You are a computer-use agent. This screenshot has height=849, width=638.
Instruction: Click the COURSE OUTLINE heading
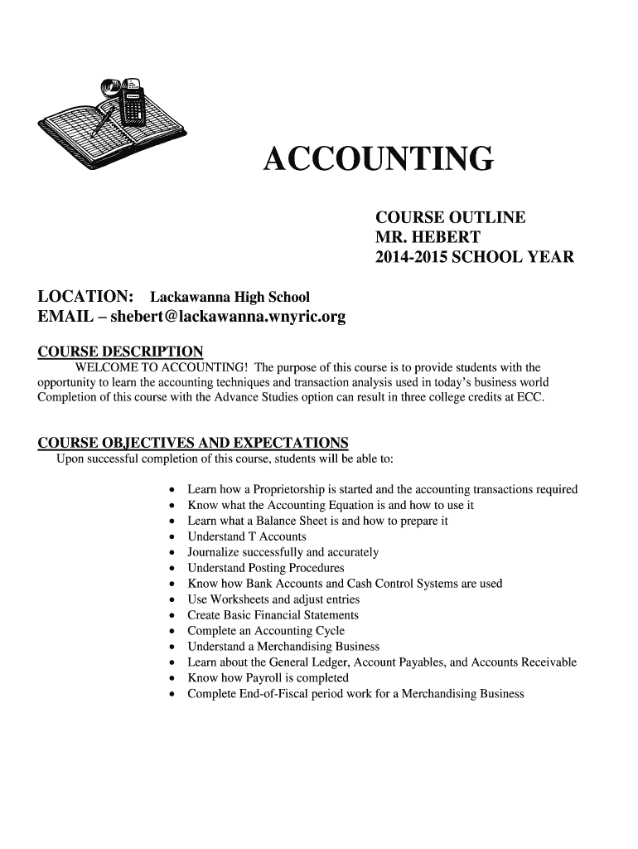450,218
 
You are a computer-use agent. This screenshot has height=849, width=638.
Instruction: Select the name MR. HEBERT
428,238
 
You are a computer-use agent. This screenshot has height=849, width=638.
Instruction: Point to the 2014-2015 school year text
474,258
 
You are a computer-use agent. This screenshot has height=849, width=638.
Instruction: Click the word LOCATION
87,297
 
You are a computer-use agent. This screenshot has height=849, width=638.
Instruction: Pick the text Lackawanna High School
229,298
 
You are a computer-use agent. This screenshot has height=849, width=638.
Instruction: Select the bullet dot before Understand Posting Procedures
171,569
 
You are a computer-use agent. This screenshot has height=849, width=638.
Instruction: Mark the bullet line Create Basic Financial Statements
273,615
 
